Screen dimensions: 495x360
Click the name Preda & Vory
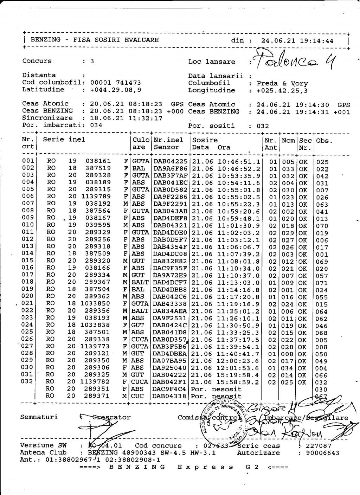(x=282, y=83)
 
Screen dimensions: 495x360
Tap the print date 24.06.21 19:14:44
(x=297, y=41)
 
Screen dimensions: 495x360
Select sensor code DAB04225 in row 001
(x=171, y=162)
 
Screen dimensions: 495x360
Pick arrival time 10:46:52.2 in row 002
(x=239, y=169)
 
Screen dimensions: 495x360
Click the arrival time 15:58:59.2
(x=239, y=382)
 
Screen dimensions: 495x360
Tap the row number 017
(x=27, y=275)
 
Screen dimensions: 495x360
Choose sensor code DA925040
(x=171, y=368)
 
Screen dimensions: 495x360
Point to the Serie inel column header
(x=64, y=140)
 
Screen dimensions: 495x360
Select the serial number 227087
(x=318, y=446)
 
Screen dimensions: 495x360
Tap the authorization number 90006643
(x=323, y=453)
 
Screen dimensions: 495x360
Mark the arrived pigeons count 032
(x=263, y=126)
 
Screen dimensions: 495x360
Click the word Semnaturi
(x=39, y=417)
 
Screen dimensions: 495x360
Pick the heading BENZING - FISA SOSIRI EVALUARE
(x=95, y=40)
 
